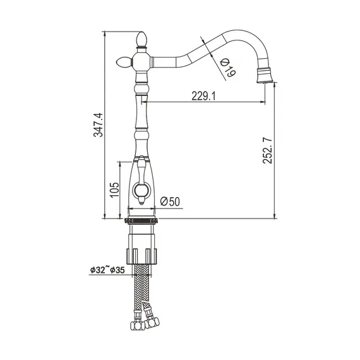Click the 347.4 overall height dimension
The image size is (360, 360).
(99, 125)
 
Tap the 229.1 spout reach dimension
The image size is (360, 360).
(203, 96)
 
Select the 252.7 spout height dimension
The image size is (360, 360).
(267, 150)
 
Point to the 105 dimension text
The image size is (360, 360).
(114, 189)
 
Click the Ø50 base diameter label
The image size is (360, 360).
(170, 201)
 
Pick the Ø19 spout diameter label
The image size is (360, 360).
(227, 68)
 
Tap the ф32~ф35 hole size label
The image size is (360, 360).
(107, 270)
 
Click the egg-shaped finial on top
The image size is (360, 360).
(141, 39)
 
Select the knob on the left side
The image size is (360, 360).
(124, 63)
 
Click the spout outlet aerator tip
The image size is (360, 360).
(265, 76)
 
